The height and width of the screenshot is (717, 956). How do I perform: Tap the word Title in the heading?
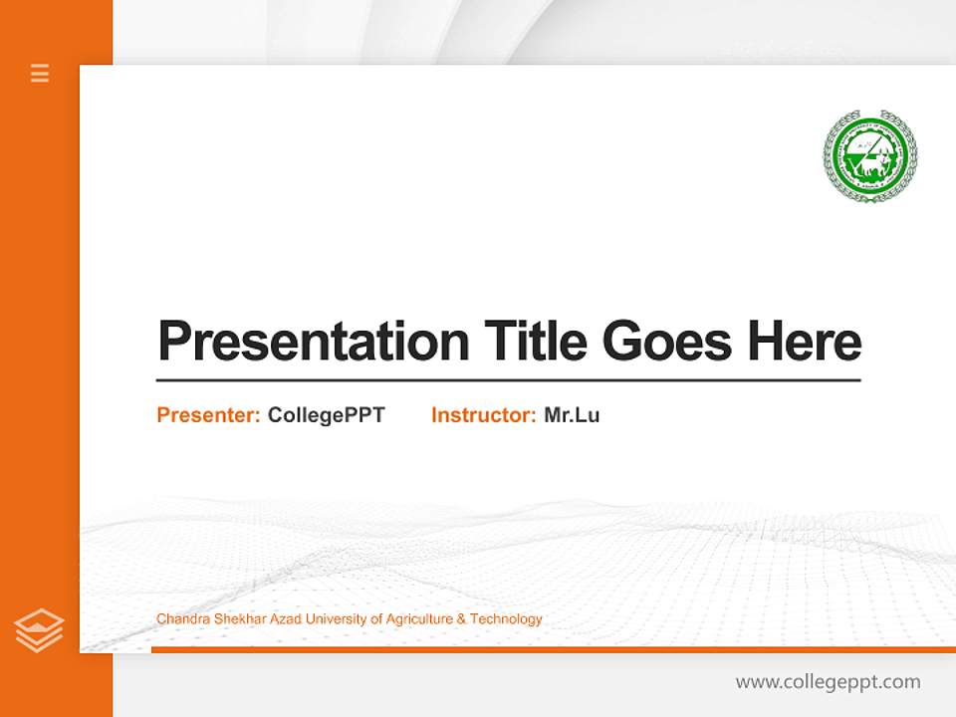click(x=535, y=342)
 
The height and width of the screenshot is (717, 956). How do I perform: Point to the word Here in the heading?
click(x=804, y=342)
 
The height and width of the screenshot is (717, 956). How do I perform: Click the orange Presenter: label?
click(x=209, y=415)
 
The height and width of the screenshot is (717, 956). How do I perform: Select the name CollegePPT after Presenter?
click(x=326, y=415)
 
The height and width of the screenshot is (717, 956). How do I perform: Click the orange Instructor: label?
click(x=484, y=415)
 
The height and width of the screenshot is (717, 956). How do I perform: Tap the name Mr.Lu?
click(x=572, y=415)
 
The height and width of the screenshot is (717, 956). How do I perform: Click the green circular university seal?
click(x=869, y=157)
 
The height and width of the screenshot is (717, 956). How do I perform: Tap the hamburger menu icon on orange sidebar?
click(x=40, y=73)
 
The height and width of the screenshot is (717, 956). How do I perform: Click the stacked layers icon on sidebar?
click(x=39, y=629)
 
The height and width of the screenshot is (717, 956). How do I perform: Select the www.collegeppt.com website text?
click(x=828, y=682)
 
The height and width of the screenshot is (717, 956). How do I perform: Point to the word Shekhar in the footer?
click(x=229, y=619)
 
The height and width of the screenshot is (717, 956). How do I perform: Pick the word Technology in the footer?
click(x=506, y=619)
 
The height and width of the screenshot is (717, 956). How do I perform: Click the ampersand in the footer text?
click(x=461, y=619)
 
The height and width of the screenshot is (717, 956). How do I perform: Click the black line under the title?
click(x=508, y=380)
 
